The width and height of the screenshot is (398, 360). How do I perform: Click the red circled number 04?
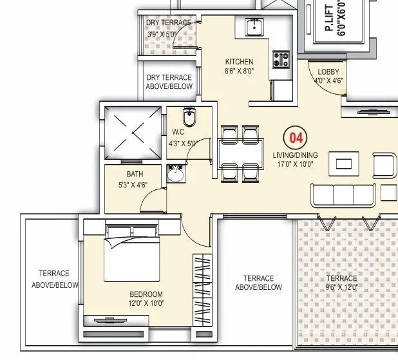click(x=296, y=138)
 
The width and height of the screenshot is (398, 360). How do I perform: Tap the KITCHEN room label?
click(x=239, y=62)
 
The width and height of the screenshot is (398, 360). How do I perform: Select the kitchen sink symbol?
click(x=254, y=27)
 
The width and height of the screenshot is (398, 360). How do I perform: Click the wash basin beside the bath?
click(x=175, y=174)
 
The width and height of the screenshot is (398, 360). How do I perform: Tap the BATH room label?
click(x=135, y=175)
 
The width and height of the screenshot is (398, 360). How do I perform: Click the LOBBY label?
click(x=328, y=71)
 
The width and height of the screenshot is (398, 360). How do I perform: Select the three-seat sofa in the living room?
click(x=343, y=194)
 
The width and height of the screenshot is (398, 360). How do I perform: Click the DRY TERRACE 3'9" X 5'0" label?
click(x=168, y=28)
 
